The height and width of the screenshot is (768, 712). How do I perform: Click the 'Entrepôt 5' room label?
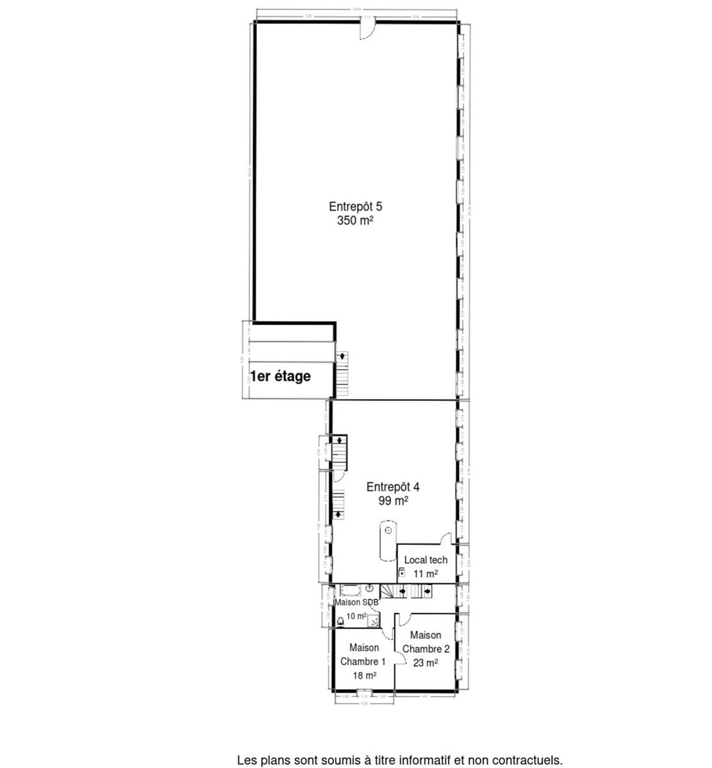(x=355, y=207)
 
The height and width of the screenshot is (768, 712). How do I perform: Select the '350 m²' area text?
(x=355, y=221)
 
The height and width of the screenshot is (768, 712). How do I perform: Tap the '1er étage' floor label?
(x=280, y=376)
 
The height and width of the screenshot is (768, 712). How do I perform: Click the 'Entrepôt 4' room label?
(x=393, y=486)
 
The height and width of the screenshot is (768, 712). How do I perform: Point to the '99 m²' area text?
(x=393, y=500)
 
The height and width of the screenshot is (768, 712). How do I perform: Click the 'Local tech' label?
(x=425, y=560)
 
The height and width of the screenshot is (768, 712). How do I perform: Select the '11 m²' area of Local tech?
(x=425, y=574)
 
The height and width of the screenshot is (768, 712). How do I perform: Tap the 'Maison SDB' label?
(x=357, y=602)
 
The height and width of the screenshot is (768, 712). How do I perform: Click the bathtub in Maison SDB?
(x=351, y=589)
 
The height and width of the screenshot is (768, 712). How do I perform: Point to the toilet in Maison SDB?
(x=340, y=620)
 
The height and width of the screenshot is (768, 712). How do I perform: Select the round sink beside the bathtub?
(x=370, y=588)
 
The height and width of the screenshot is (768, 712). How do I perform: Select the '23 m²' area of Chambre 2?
(x=425, y=663)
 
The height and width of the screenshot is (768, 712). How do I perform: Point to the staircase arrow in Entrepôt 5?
(x=343, y=356)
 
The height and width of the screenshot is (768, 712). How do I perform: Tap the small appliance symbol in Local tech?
(x=402, y=573)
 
